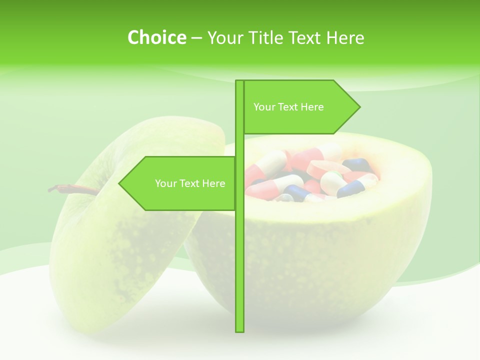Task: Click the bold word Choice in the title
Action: tap(156, 37)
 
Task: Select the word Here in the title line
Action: tap(345, 37)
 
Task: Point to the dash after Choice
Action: tap(196, 38)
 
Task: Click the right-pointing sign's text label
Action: tap(288, 107)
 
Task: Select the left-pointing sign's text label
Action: tap(190, 183)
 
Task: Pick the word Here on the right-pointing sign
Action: tap(312, 107)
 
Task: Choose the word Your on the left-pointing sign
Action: tap(165, 183)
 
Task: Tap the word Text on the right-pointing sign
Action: tap(288, 107)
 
